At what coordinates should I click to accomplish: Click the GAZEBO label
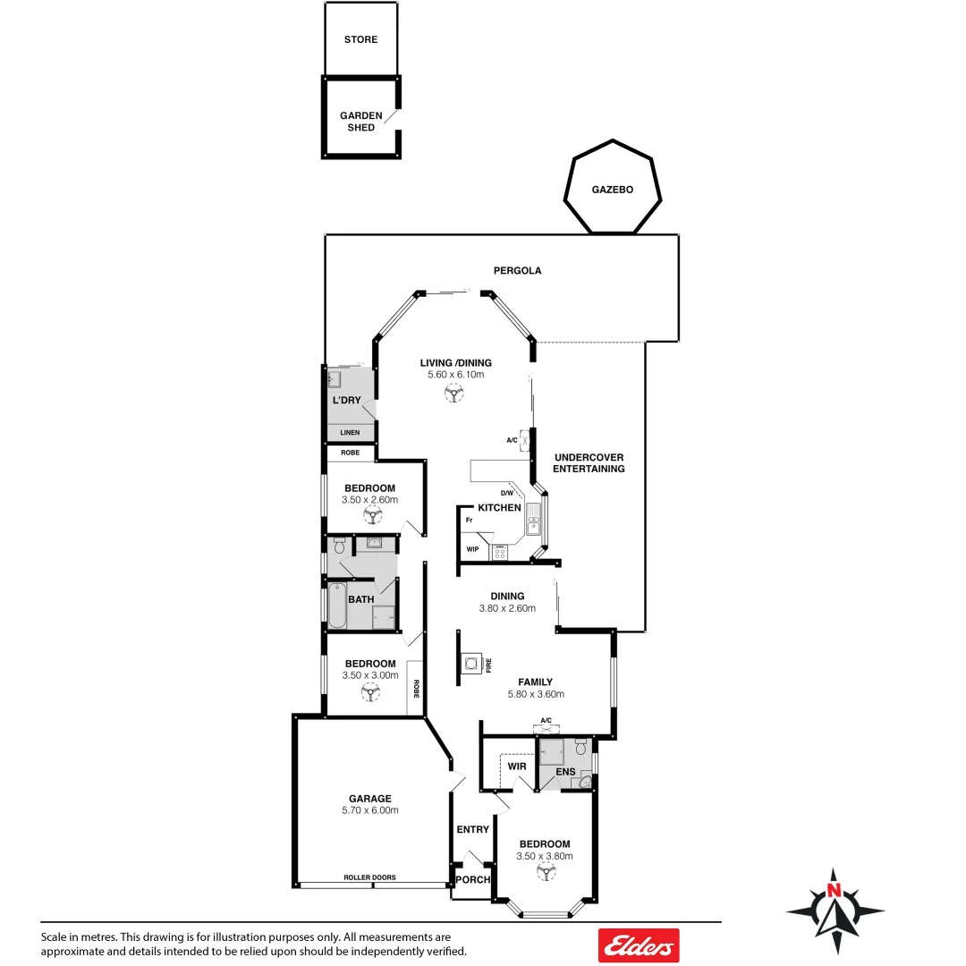(x=612, y=191)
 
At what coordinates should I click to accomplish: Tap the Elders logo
(x=639, y=945)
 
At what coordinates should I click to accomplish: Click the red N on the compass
(x=834, y=890)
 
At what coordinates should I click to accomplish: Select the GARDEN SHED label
(x=361, y=122)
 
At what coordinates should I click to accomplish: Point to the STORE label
(x=361, y=39)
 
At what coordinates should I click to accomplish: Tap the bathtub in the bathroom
(x=336, y=605)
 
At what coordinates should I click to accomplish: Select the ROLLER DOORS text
(x=369, y=877)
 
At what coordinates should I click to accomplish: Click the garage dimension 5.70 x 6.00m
(x=369, y=810)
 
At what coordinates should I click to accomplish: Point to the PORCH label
(x=472, y=880)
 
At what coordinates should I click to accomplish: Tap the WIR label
(x=517, y=767)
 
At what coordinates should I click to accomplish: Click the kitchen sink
(x=534, y=519)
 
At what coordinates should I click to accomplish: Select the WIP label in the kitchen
(x=472, y=549)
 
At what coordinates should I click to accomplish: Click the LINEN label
(x=350, y=433)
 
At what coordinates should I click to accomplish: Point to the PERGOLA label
(x=518, y=270)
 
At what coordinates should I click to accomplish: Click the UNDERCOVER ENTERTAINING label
(x=589, y=463)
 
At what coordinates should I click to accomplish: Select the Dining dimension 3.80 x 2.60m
(x=507, y=608)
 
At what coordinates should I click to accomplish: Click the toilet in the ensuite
(x=580, y=746)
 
